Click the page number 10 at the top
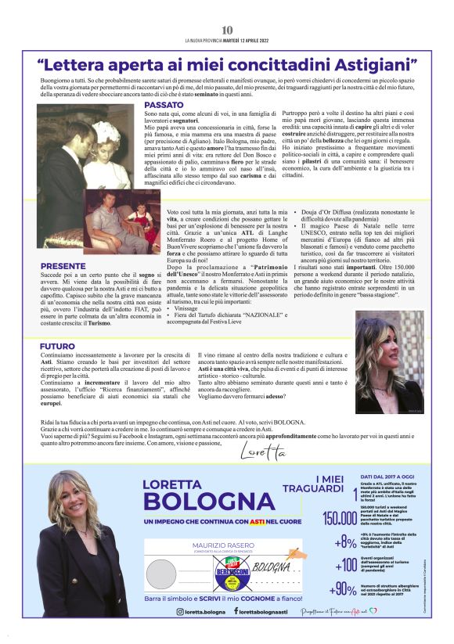point(227,30)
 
